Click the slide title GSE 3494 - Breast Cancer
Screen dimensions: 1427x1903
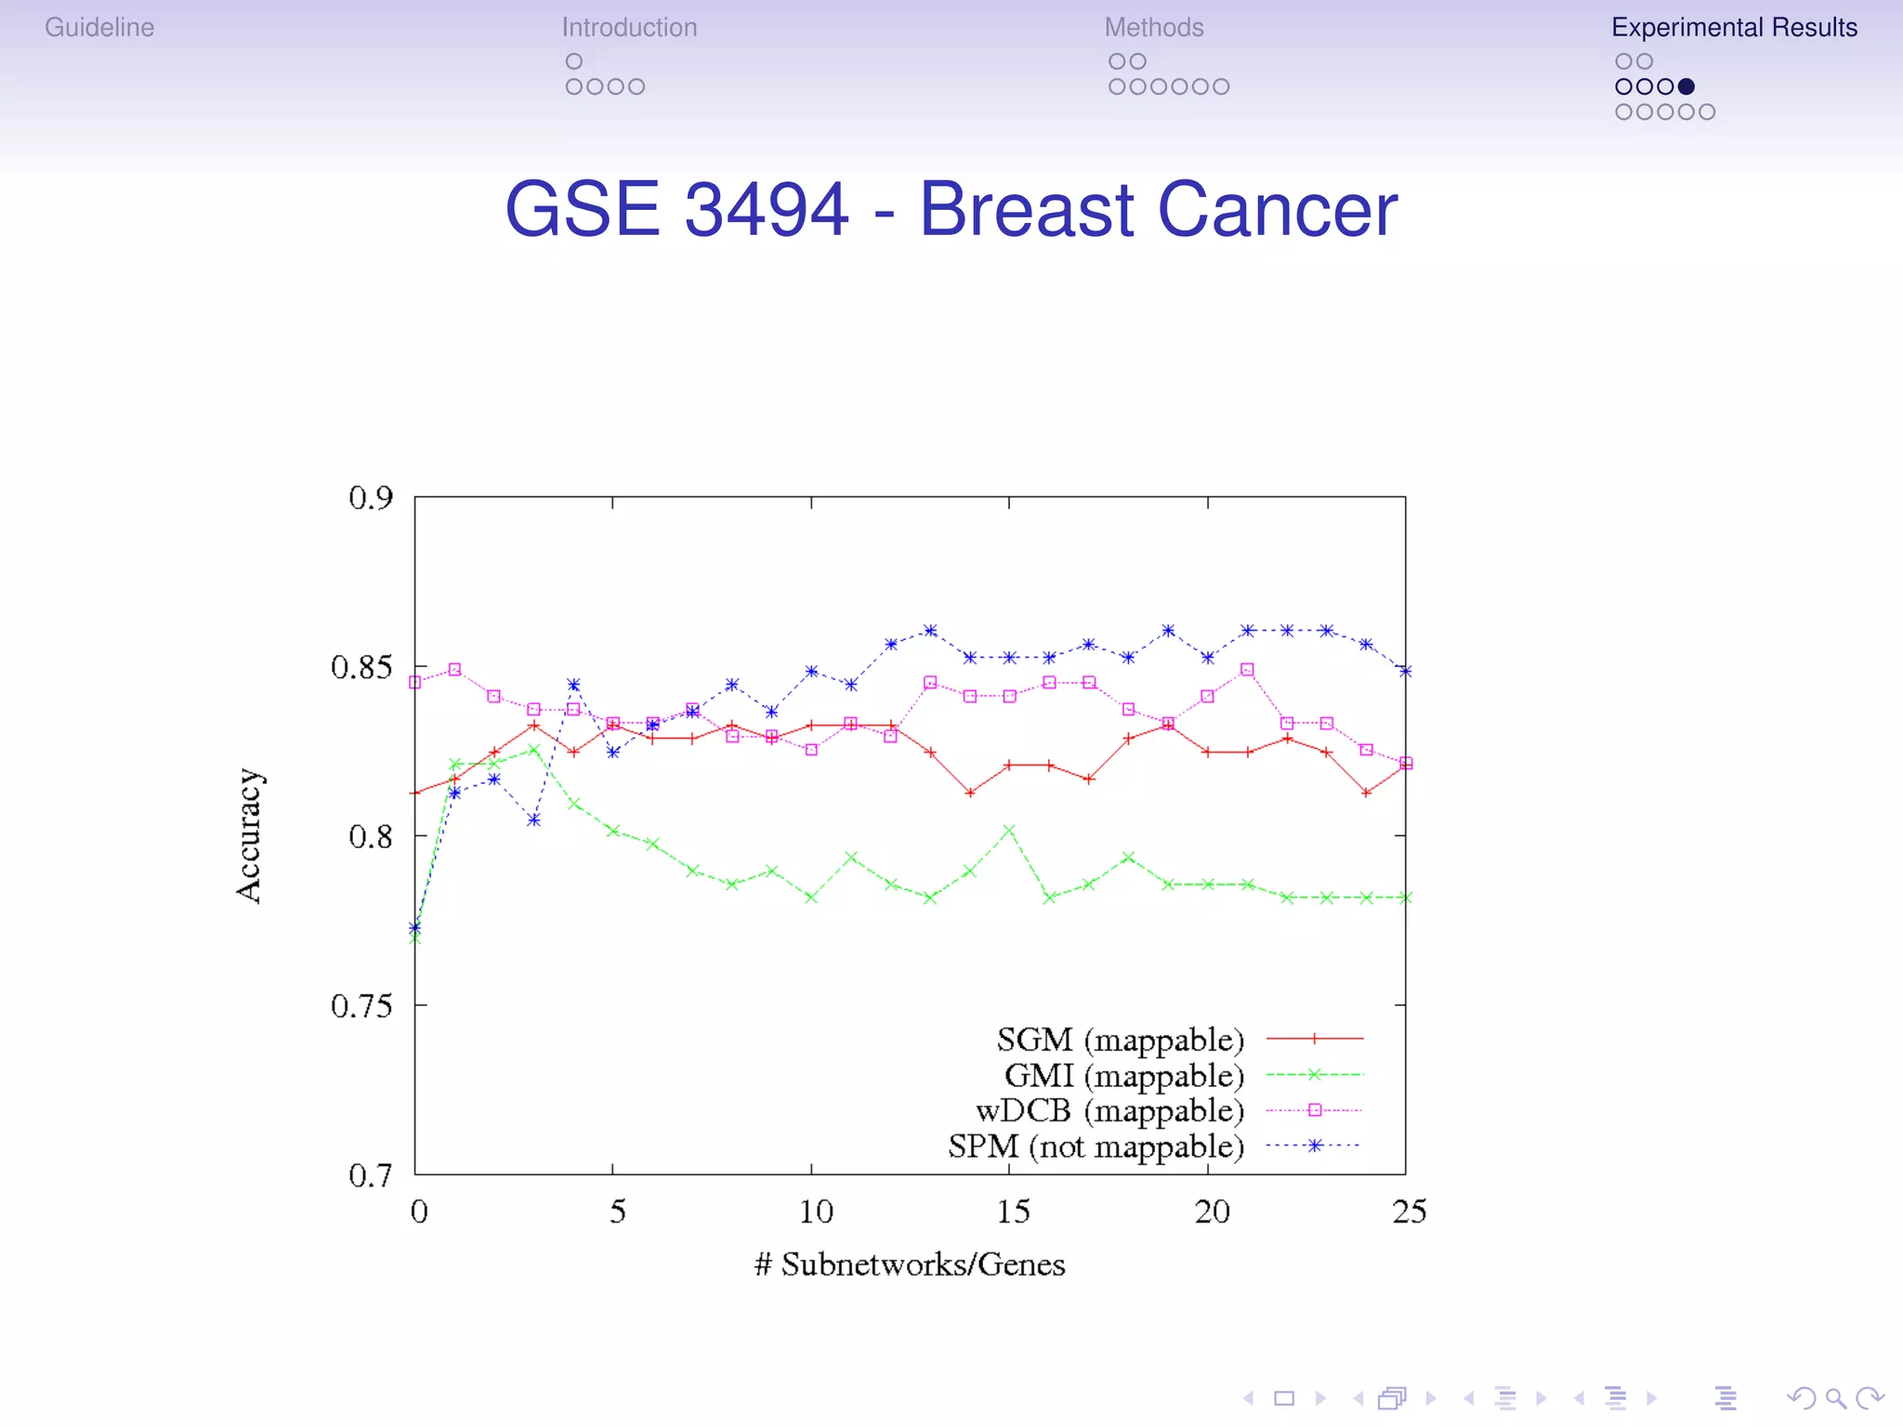[x=951, y=209]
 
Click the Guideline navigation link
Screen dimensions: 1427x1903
[x=99, y=28]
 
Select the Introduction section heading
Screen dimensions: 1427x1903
[x=629, y=28]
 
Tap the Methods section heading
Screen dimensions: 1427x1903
[x=1153, y=28]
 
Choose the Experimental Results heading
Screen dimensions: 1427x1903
[x=1734, y=28]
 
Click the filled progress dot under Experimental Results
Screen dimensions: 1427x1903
[x=1686, y=86]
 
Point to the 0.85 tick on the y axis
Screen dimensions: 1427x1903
[x=361, y=667]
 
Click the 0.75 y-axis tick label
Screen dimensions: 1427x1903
[x=361, y=1005]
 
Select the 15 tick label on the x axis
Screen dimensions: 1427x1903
[x=1013, y=1211]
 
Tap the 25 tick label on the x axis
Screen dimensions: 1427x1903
[x=1409, y=1211]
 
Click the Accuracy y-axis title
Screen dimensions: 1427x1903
[x=249, y=835]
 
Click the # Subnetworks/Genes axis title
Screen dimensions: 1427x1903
[x=909, y=1264]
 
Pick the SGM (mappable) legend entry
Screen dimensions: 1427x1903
[x=1120, y=1040]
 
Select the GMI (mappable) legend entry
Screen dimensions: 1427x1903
[x=1123, y=1076]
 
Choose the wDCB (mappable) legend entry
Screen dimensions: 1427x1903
[x=1109, y=1111]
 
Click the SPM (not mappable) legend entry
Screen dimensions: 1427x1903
[x=1096, y=1146]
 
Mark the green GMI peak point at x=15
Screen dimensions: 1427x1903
[x=1009, y=831]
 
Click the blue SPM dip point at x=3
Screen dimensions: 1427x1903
[x=533, y=820]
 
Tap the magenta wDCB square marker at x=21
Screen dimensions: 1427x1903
[x=1247, y=670]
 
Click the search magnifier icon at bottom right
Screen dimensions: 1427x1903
[x=1835, y=1398]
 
